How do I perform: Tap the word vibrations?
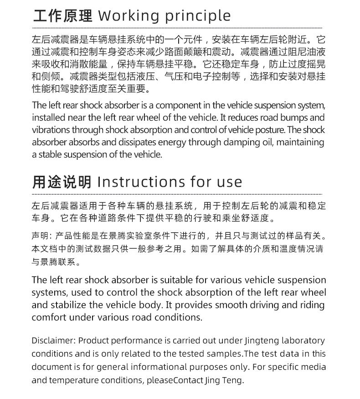(x=49, y=130)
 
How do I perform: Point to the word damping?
(x=244, y=143)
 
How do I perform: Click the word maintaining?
(x=300, y=143)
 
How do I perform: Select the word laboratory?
(x=303, y=341)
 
